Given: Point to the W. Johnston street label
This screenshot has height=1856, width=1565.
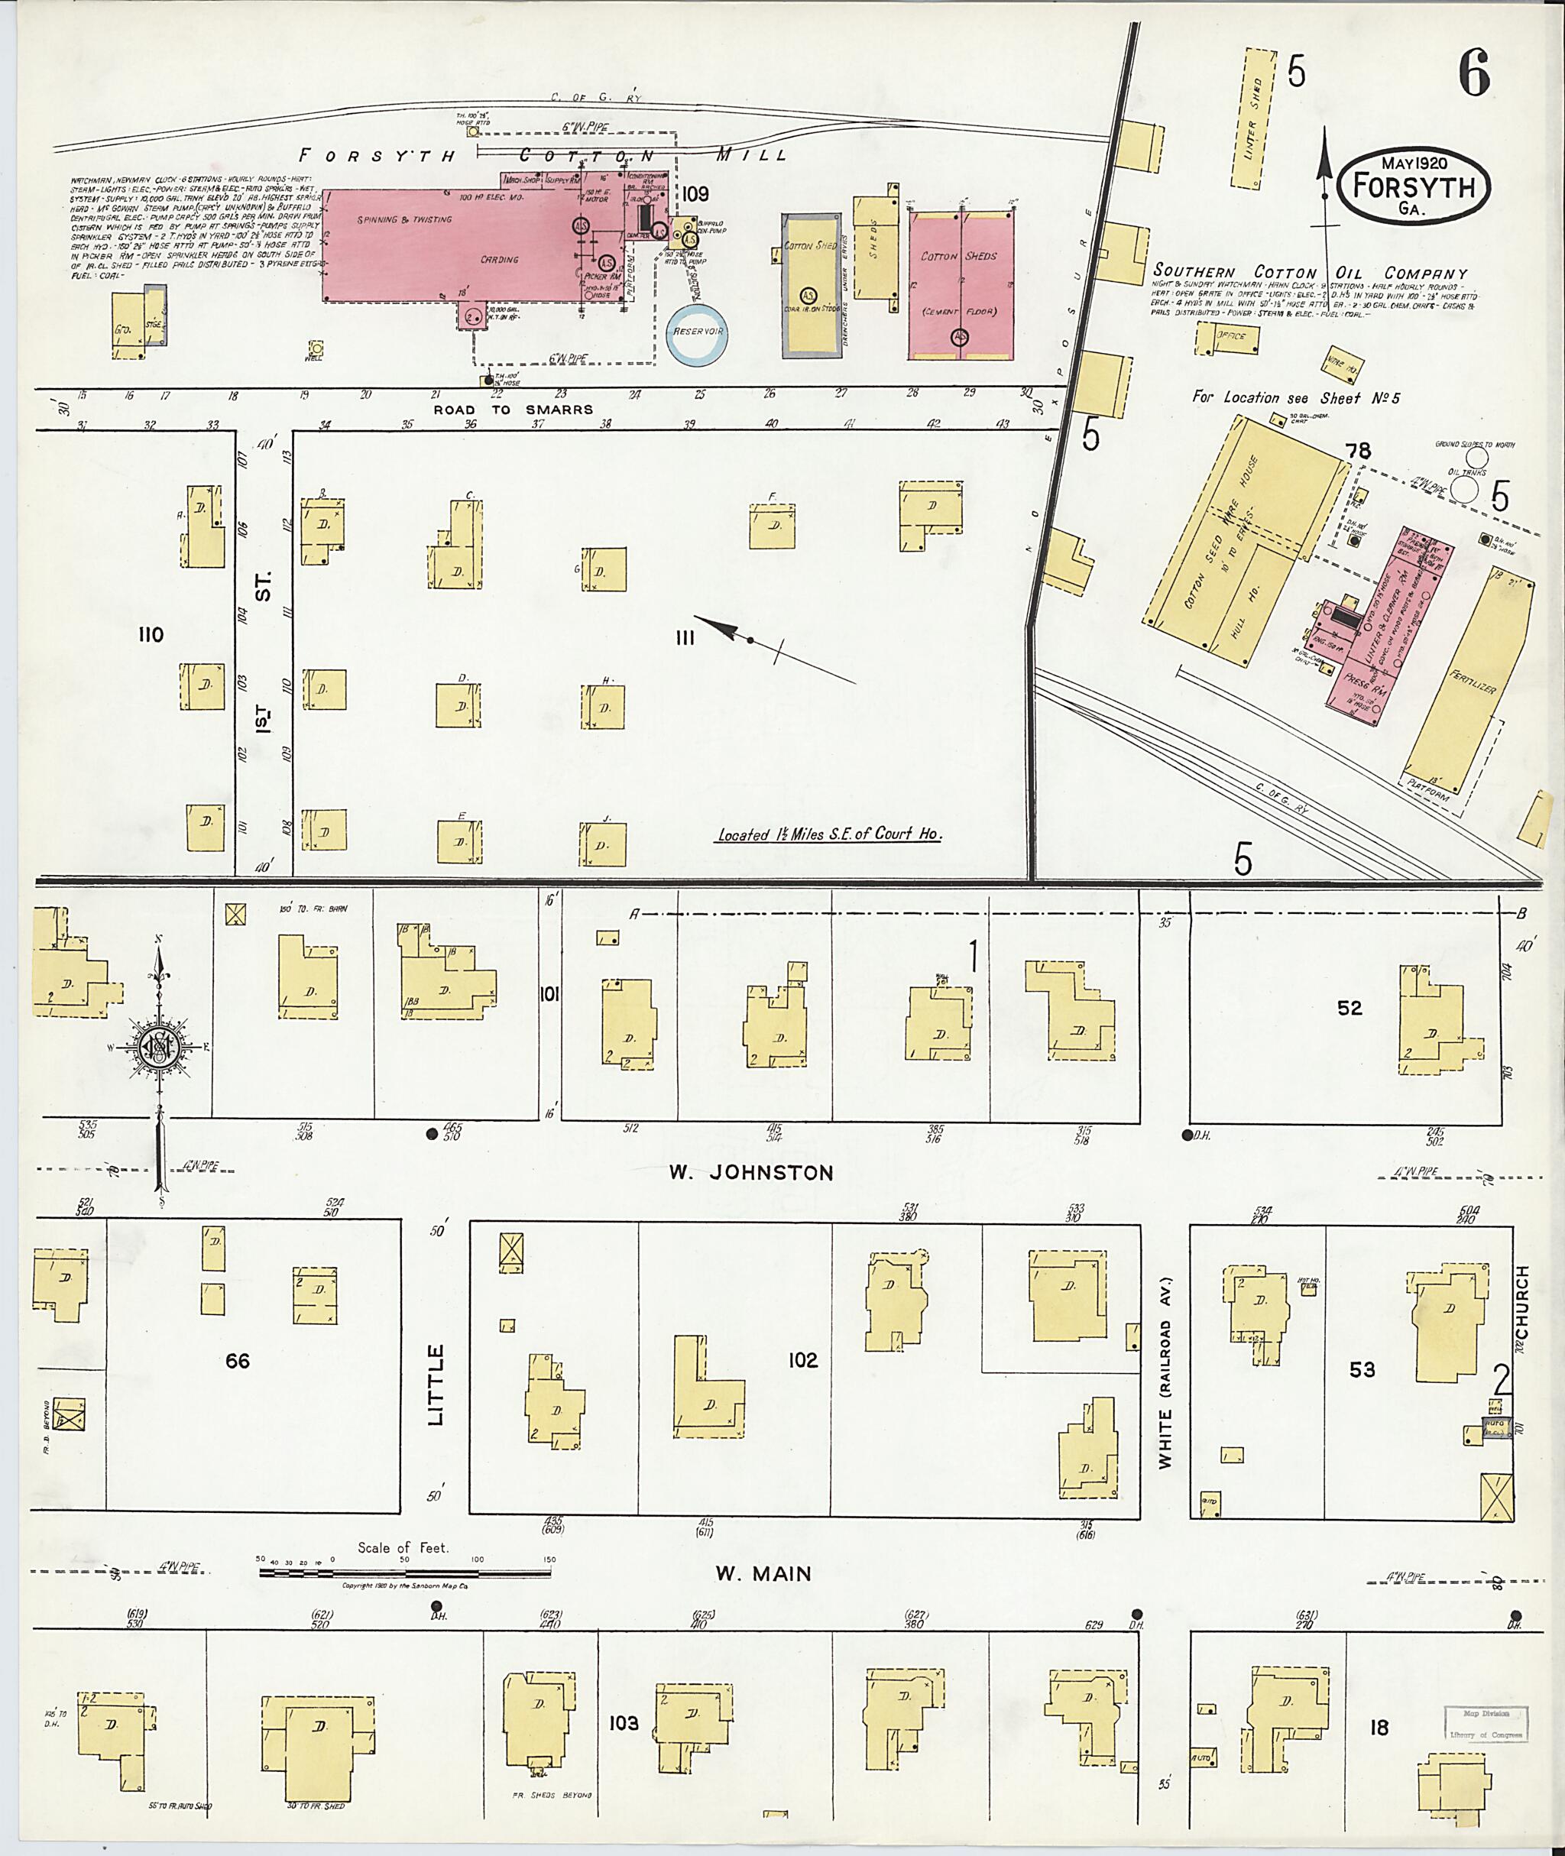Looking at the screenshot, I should pos(750,1173).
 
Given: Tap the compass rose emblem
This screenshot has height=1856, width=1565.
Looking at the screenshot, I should pos(159,1048).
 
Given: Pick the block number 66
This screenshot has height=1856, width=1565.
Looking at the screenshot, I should pos(237,1361).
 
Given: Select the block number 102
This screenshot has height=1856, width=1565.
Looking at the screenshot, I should pos(802,1360).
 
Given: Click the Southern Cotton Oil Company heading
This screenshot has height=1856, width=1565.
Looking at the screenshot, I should pos(1310,272).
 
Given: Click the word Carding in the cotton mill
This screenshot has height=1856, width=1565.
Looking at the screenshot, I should pos(500,260).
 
